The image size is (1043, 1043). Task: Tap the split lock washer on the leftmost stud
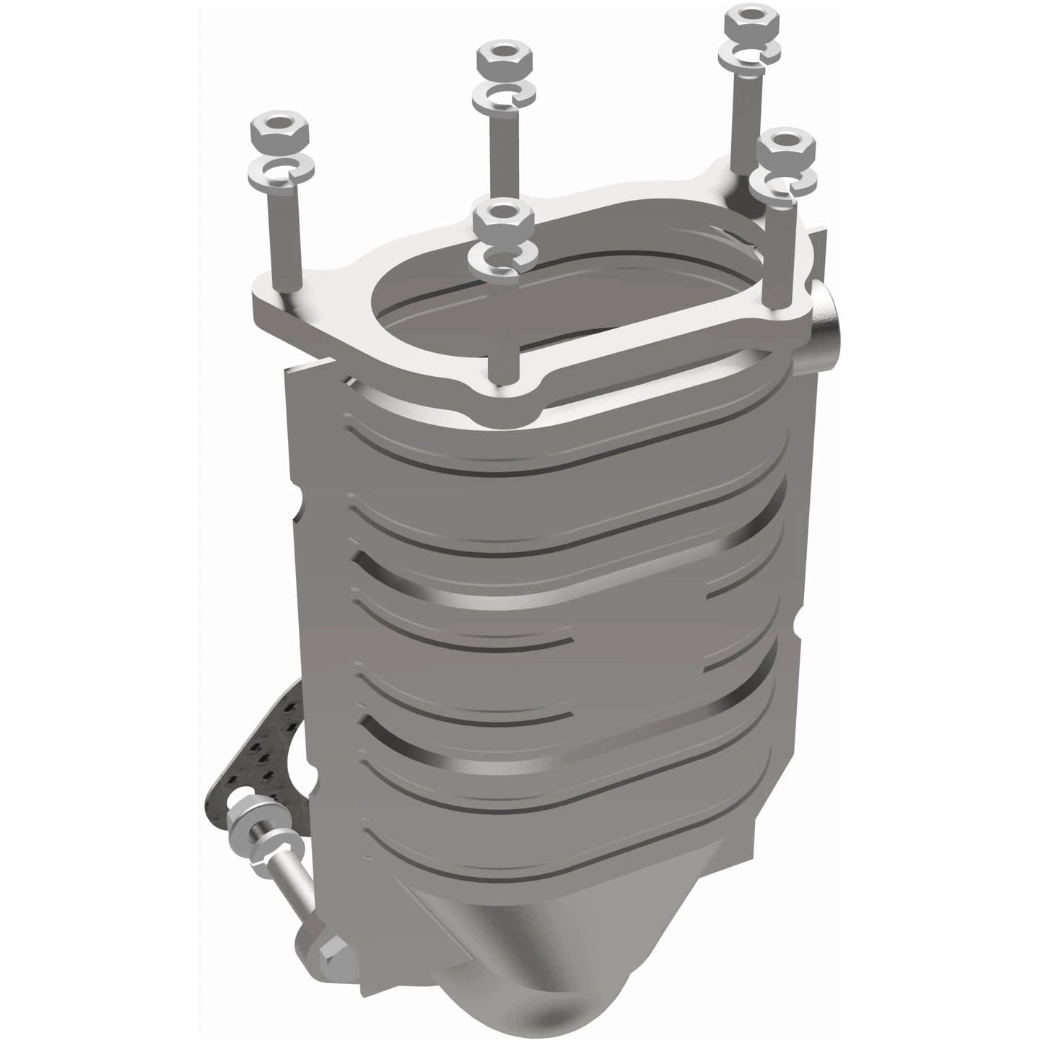click(279, 169)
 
